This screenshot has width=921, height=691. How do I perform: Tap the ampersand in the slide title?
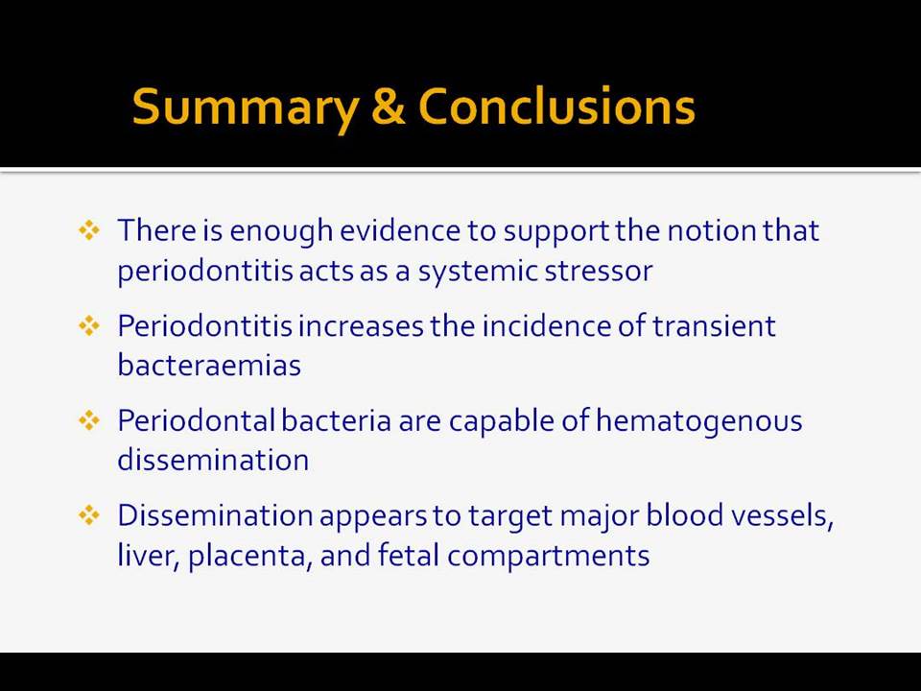pos(389,107)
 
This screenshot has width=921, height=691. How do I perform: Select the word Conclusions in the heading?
pos(556,107)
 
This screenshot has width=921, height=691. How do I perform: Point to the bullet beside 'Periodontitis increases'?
pos(89,325)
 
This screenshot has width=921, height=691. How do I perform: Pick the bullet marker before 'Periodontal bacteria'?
pos(89,420)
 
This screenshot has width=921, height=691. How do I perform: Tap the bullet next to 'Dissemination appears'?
pos(89,515)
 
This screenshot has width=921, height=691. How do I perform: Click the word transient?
pos(714,326)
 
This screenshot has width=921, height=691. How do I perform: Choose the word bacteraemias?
pos(209,365)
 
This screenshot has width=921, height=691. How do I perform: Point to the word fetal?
pos(409,555)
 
